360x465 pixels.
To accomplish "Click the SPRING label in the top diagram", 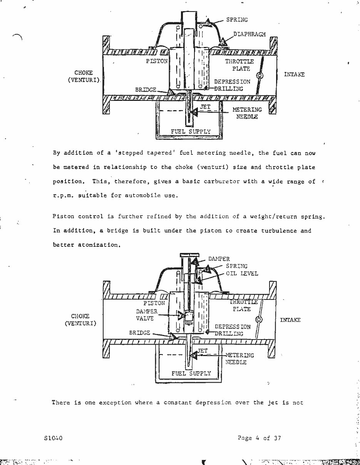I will point(237,20).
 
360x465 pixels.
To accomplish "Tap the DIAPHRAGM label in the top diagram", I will point(249,34).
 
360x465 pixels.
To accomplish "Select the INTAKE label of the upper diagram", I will point(294,74).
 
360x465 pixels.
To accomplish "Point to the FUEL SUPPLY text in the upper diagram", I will point(191,132).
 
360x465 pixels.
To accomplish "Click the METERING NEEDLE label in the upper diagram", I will point(247,113).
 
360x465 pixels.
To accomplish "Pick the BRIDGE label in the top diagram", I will point(146,90).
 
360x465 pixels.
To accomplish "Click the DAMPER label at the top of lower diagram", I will point(219,259).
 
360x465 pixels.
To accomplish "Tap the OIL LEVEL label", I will point(242,273).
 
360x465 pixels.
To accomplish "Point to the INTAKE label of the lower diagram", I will point(290,320).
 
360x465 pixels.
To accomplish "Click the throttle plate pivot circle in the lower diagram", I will point(259,319).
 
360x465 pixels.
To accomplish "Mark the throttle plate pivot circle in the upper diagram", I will point(260,76).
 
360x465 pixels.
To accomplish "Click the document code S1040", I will point(54,438).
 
